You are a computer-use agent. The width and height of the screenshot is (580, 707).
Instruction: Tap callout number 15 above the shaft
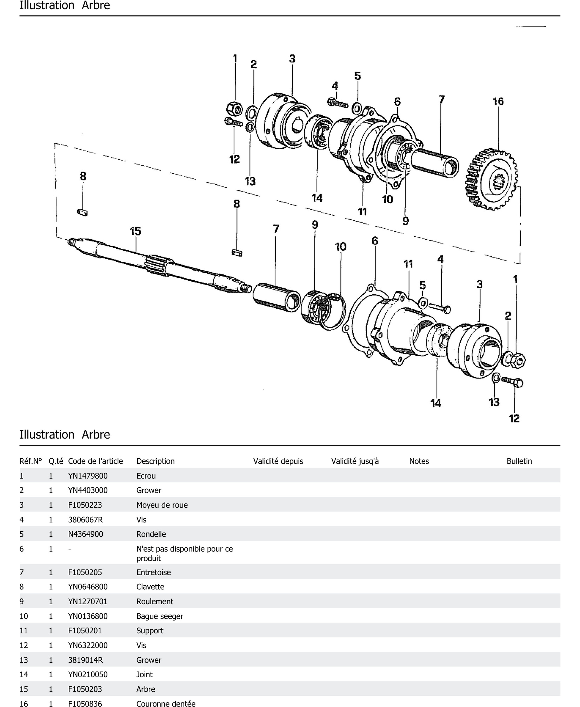pos(135,231)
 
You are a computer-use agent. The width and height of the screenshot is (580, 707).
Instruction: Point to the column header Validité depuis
pos(278,461)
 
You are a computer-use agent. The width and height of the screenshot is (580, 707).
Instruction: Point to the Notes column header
pos(419,461)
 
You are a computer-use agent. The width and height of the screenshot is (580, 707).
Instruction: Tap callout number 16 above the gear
pos(498,101)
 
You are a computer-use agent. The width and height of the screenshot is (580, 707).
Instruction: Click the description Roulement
pos(155,601)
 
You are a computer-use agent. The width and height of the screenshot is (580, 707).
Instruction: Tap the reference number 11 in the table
pos(24,631)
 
